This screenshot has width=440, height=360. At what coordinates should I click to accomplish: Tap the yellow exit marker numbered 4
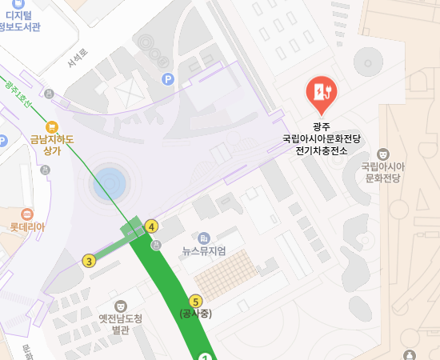click(x=152, y=226)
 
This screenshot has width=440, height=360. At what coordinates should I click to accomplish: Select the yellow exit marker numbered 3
click(x=89, y=260)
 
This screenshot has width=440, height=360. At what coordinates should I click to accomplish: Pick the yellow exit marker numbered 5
click(x=196, y=301)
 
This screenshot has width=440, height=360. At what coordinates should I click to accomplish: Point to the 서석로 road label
click(x=77, y=58)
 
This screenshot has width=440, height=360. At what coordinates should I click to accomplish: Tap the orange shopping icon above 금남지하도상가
click(x=52, y=126)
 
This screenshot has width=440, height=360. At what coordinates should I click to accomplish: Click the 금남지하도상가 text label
click(x=52, y=145)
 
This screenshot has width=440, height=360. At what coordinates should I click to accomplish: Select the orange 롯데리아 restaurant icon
click(x=27, y=214)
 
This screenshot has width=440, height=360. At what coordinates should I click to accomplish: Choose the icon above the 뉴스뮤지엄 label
click(x=204, y=238)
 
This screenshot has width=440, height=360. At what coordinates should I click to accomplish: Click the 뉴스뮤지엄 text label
click(x=204, y=251)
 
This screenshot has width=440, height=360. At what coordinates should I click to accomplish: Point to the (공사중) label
click(x=196, y=314)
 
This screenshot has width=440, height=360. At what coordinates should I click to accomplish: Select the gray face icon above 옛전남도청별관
click(x=121, y=306)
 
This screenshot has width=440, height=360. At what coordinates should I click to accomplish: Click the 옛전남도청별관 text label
click(x=120, y=324)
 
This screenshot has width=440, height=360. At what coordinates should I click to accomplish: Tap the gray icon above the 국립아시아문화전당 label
click(x=382, y=154)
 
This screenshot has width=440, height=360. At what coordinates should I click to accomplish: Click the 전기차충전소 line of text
click(x=322, y=150)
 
